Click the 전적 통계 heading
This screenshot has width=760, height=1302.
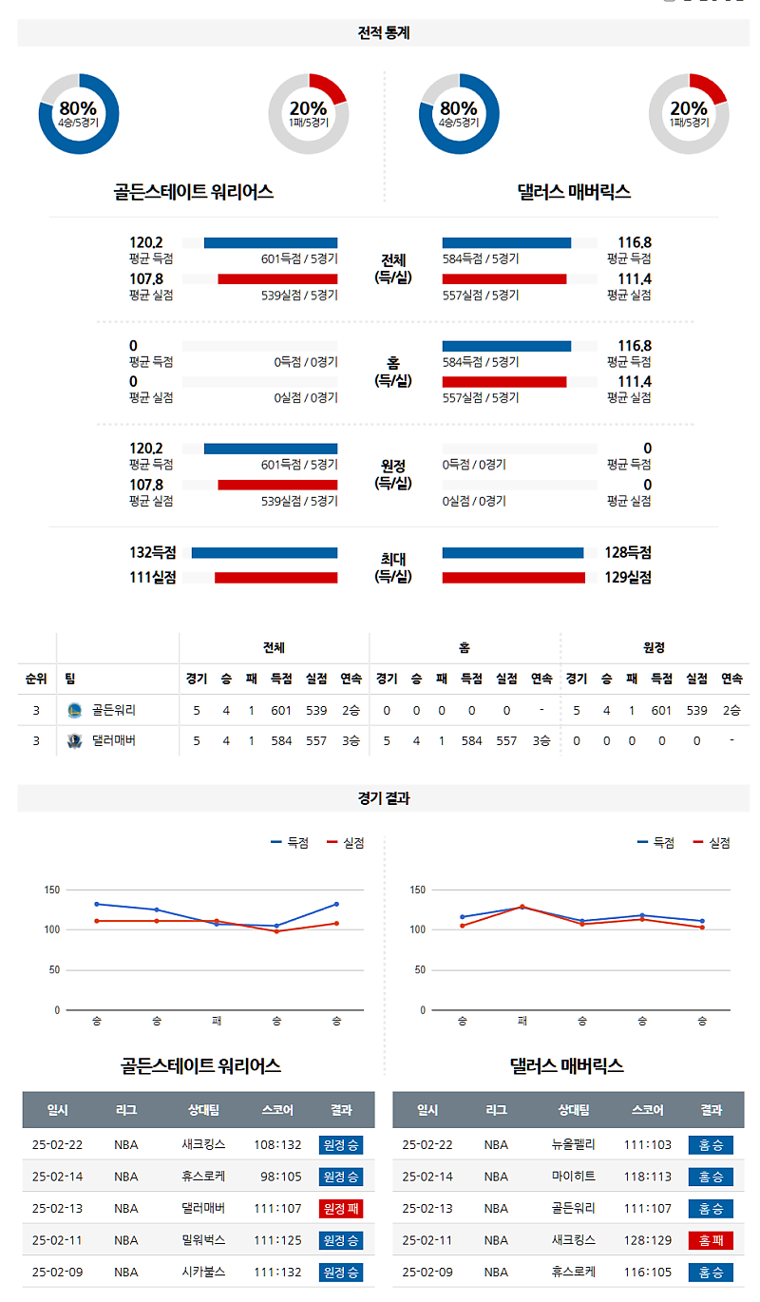tap(383, 32)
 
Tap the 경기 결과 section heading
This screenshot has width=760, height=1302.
tap(383, 798)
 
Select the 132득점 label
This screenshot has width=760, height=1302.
tap(152, 552)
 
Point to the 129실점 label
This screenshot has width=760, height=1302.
tap(628, 577)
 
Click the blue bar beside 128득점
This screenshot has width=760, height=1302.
tap(513, 552)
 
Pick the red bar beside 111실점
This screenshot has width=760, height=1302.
tap(275, 577)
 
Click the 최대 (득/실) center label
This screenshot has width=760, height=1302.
tap(392, 567)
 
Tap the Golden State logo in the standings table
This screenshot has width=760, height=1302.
tap(75, 710)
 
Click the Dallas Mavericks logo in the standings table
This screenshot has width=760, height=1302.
tap(75, 740)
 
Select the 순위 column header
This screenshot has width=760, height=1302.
tap(36, 679)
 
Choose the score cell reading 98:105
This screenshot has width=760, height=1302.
tap(280, 1177)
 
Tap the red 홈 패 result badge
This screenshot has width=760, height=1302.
tap(711, 1240)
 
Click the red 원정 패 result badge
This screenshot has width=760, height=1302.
tap(341, 1209)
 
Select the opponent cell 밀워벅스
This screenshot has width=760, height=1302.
tap(203, 1240)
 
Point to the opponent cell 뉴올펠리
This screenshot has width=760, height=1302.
tap(574, 1145)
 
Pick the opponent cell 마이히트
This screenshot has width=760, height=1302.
tap(574, 1177)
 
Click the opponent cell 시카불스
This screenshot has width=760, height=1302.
tap(203, 1272)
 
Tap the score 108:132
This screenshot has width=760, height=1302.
tap(277, 1145)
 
